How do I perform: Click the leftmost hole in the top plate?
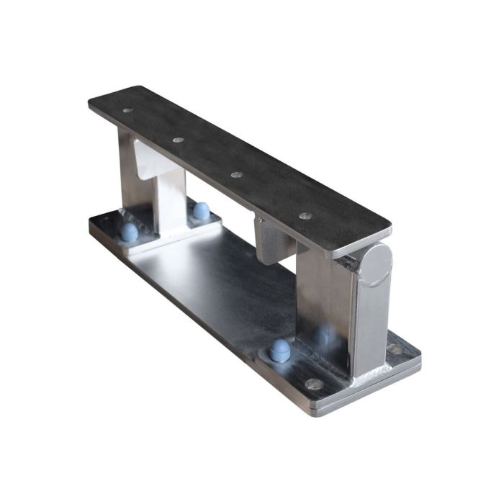point(127,111)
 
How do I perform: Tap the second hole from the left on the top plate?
point(178,140)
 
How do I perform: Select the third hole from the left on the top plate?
point(236,174)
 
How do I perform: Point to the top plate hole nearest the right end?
point(305,215)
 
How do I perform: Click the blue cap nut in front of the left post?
point(129,231)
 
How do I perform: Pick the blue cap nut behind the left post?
point(202,210)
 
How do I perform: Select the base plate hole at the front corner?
point(313,384)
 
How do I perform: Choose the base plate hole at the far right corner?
point(395,348)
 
